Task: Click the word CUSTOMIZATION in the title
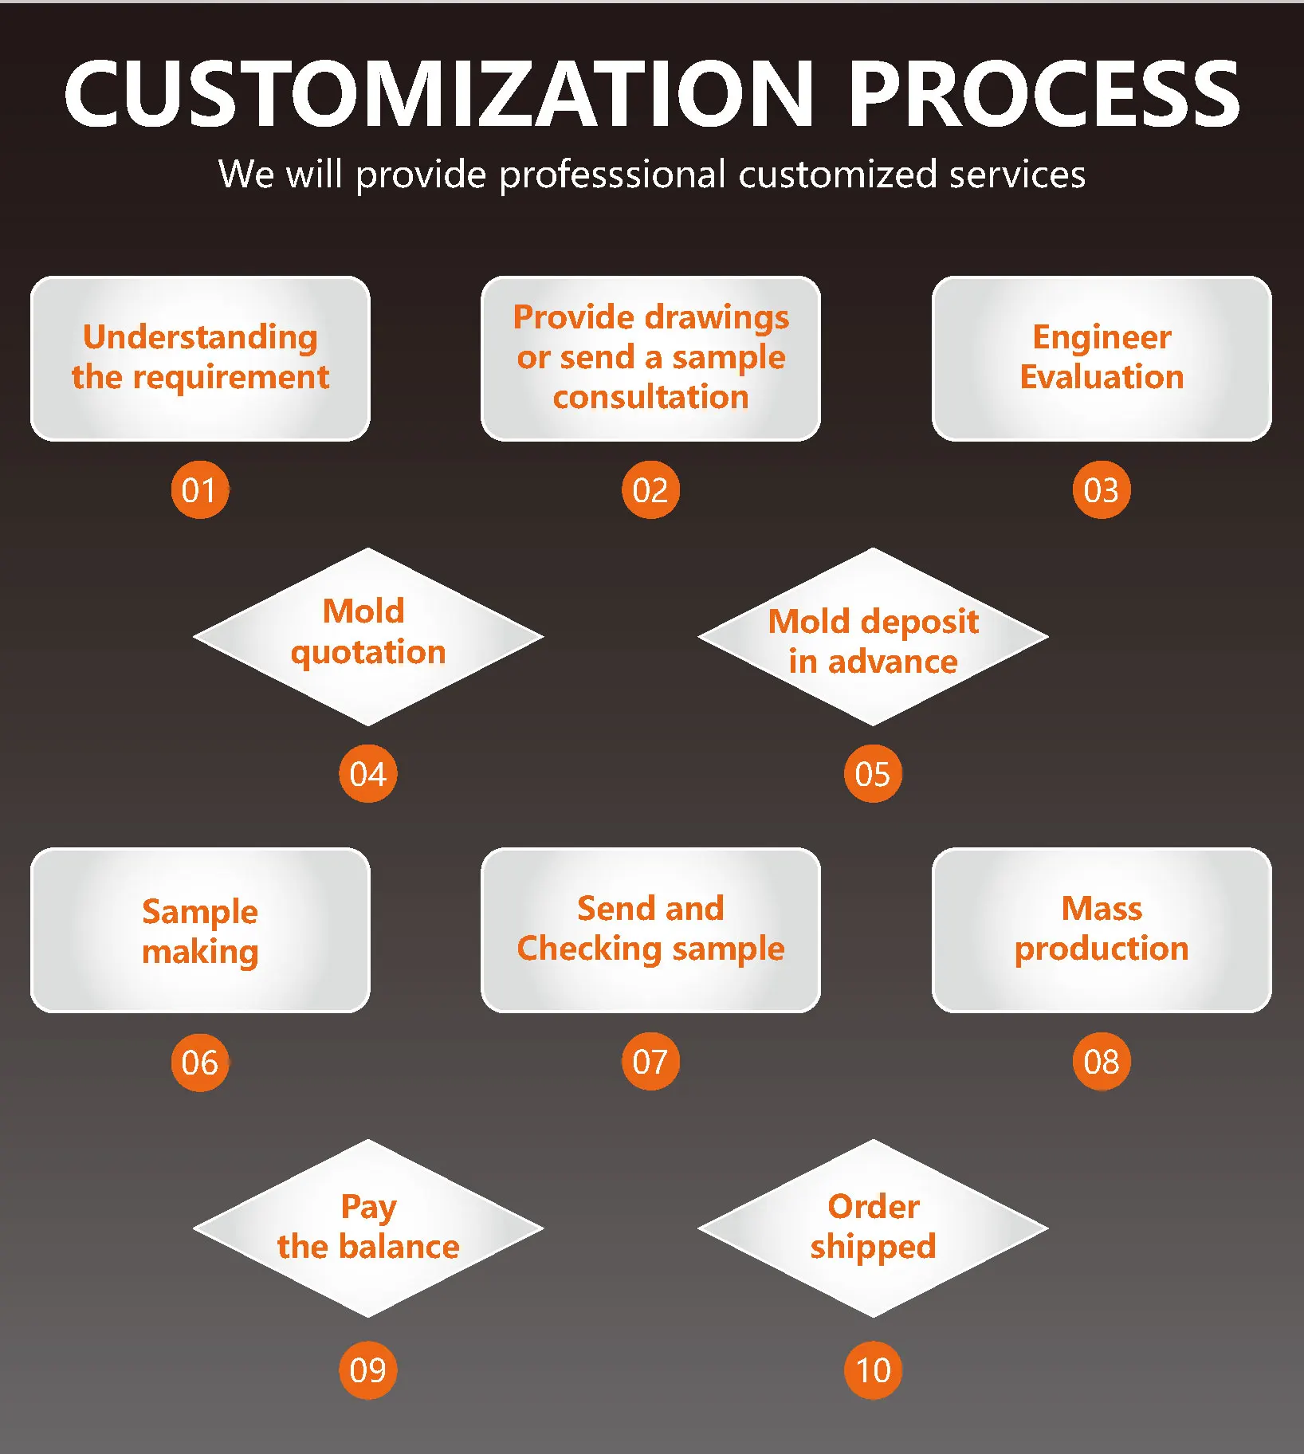coord(439,94)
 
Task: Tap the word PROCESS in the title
coord(1043,94)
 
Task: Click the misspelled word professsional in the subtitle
coord(612,175)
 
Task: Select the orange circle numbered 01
coord(199,489)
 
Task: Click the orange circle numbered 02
coord(650,489)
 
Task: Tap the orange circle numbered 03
coord(1101,489)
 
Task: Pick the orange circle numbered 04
coord(367,773)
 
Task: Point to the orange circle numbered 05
coord(873,773)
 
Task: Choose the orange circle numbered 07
coord(650,1061)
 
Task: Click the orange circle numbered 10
coord(873,1370)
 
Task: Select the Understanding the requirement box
coord(200,358)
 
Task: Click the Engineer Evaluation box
coord(1102,358)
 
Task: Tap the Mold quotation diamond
coord(367,635)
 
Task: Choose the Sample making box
coord(200,930)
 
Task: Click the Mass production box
coord(1102,929)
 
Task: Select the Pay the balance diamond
coord(367,1228)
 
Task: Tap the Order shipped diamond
coord(873,1228)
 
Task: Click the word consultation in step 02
coord(650,397)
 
